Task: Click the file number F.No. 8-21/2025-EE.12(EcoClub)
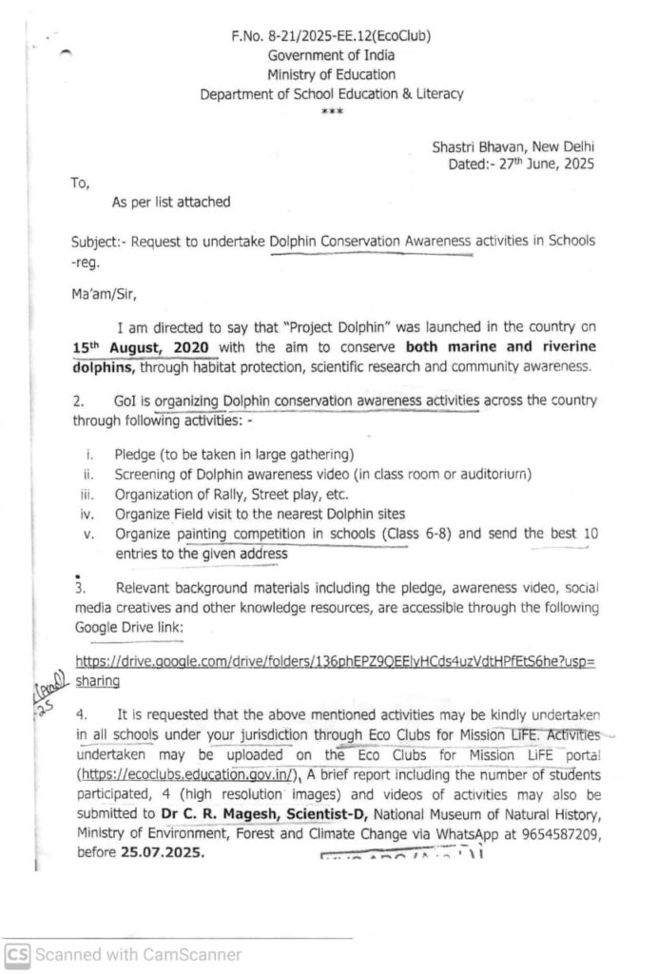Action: [x=330, y=37]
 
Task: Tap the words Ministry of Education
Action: [x=331, y=74]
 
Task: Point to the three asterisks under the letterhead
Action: [x=331, y=111]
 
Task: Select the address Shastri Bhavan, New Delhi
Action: [x=513, y=147]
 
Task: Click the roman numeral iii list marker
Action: [x=88, y=494]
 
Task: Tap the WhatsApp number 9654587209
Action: [x=552, y=834]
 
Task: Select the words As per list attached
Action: [x=170, y=202]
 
